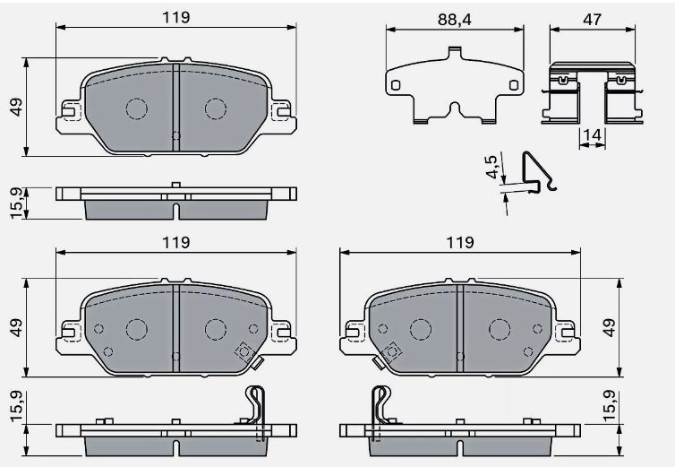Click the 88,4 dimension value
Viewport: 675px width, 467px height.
[x=455, y=20]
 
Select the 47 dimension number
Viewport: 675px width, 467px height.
[x=592, y=20]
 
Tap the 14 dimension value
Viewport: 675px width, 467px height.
[x=592, y=135]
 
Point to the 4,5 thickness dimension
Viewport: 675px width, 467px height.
[x=491, y=166]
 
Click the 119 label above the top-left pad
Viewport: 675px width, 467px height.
[x=176, y=17]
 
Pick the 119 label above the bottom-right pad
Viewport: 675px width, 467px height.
[x=460, y=242]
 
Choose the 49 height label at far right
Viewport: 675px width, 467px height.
[x=610, y=328]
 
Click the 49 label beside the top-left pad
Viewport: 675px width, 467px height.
[x=16, y=107]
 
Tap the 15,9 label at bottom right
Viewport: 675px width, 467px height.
[x=610, y=407]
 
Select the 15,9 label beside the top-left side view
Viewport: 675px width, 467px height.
[x=16, y=203]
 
